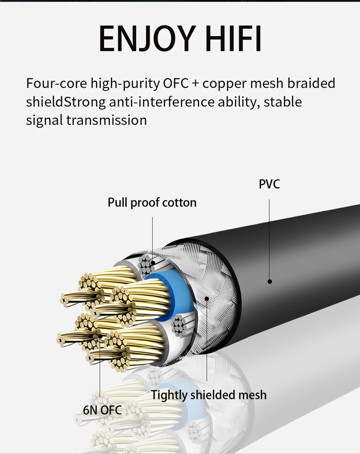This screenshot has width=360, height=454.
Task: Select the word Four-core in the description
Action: pyautogui.click(x=56, y=83)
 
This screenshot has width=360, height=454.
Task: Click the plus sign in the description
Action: pyautogui.click(x=195, y=84)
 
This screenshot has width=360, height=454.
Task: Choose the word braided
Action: pyautogui.click(x=311, y=83)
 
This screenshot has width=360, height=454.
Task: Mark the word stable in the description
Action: pyautogui.click(x=283, y=102)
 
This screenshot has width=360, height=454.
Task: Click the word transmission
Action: pyautogui.click(x=106, y=120)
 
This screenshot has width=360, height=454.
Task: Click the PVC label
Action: pyautogui.click(x=269, y=184)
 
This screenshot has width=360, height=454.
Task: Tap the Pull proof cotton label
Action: pyautogui.click(x=152, y=202)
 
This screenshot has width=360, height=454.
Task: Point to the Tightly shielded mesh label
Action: pyautogui.click(x=209, y=395)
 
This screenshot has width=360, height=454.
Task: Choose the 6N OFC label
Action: pyautogui.click(x=103, y=410)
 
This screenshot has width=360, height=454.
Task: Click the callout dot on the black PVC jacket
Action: pyautogui.click(x=270, y=281)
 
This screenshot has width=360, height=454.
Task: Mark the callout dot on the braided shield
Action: pyautogui.click(x=207, y=298)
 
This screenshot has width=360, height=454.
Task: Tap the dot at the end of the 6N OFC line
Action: pyautogui.click(x=100, y=336)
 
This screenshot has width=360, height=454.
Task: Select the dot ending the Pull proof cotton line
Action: pyautogui.click(x=152, y=263)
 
